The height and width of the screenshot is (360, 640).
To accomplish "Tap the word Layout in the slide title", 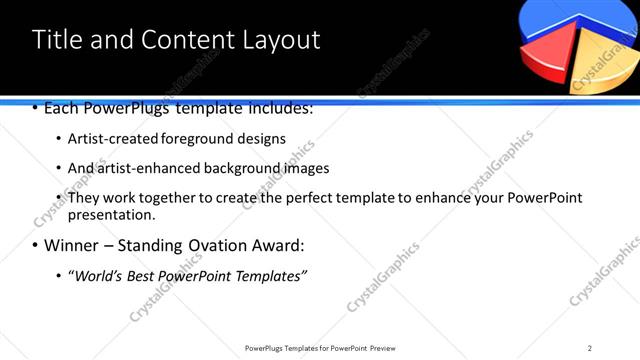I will [279, 40].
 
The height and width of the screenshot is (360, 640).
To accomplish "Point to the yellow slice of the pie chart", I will [604, 64].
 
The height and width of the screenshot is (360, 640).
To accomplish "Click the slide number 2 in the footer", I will [590, 347].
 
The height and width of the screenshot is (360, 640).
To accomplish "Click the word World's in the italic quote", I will [96, 275].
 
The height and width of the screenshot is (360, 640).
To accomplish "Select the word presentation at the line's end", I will [110, 215].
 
